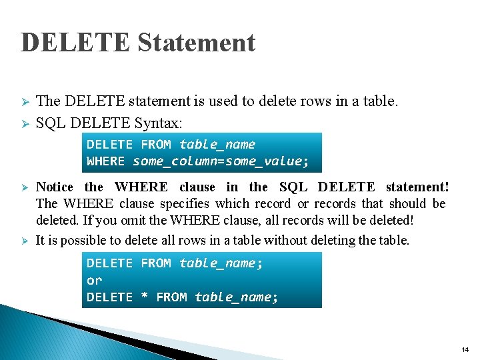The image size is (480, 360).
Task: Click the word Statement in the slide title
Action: coord(196,43)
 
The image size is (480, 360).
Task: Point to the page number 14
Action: coord(465,350)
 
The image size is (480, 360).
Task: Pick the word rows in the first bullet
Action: coord(306,101)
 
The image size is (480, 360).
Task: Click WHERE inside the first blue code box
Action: coord(105,161)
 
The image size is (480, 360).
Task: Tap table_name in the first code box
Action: coord(217,145)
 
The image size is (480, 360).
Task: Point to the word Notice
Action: coord(55,187)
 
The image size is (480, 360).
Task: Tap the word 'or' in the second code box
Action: coord(94,281)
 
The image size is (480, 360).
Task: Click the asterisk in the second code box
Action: coord(144,297)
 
